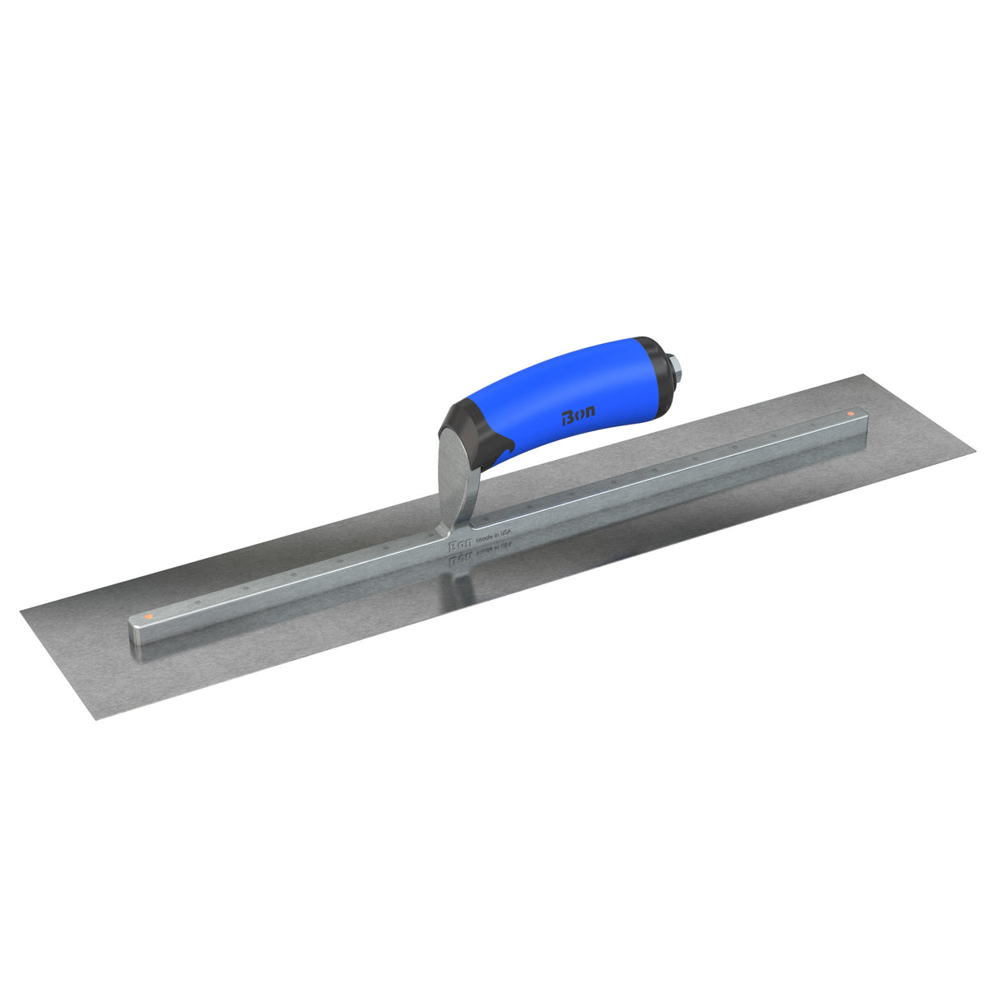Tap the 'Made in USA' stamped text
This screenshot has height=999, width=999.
[x=493, y=536]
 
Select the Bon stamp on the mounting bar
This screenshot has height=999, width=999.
[x=458, y=545]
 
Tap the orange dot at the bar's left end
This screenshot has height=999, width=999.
[x=147, y=615]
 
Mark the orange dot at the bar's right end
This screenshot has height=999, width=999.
[x=850, y=412]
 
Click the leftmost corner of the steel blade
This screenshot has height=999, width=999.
[x=21, y=608]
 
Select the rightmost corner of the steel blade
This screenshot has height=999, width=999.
[x=976, y=449]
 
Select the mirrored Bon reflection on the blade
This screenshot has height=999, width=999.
[x=458, y=560]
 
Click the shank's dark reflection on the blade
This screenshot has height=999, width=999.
[x=458, y=580]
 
